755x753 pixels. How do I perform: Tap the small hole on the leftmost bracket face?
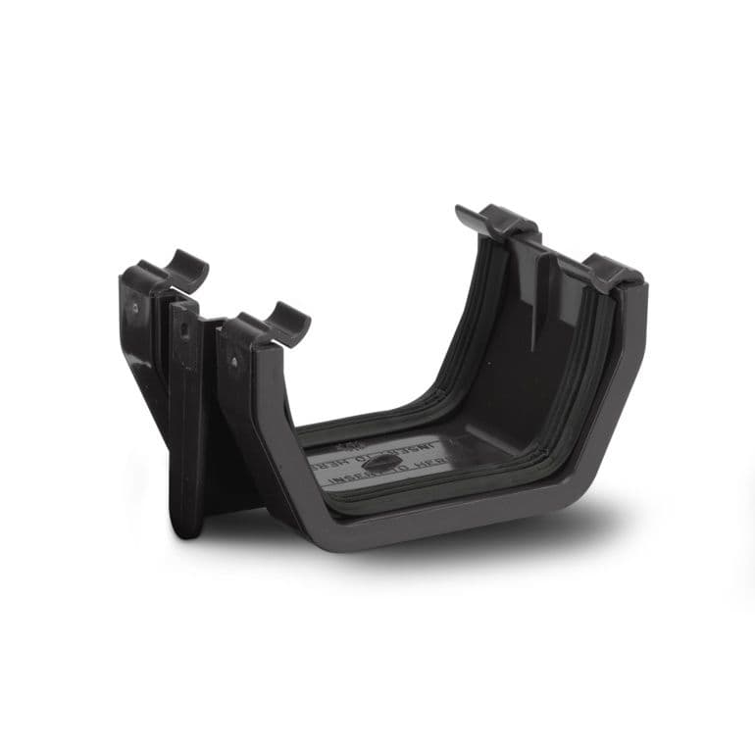[134, 308]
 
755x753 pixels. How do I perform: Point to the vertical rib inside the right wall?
[534, 294]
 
